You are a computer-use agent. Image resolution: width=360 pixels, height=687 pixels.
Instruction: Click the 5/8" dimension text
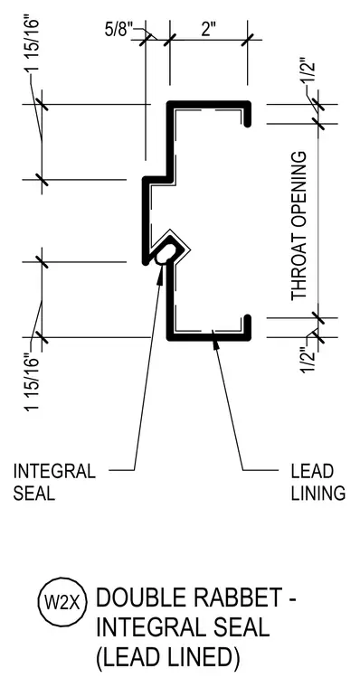click(118, 30)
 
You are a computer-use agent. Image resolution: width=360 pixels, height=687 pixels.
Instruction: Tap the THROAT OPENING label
click(299, 226)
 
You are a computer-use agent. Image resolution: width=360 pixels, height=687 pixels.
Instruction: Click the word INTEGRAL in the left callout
click(54, 472)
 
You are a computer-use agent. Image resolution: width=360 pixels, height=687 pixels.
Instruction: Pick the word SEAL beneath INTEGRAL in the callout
click(33, 494)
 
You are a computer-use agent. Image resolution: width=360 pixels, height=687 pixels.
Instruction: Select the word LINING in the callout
click(318, 494)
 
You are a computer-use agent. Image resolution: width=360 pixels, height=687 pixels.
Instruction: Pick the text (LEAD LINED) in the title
click(168, 658)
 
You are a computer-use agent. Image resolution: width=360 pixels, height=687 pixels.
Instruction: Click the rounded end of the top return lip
click(247, 124)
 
